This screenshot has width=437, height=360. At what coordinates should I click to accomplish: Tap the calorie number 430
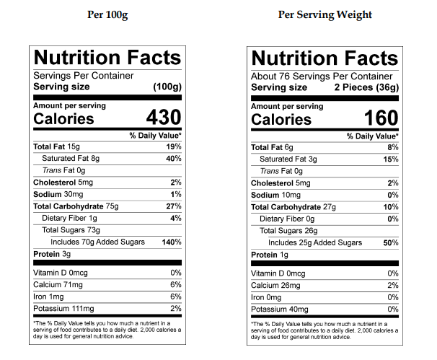163,118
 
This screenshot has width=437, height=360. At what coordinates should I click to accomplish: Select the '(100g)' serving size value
167,87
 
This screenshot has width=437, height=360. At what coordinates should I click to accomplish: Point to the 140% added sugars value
172,242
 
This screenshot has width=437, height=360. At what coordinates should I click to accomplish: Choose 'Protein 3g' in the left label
52,255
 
